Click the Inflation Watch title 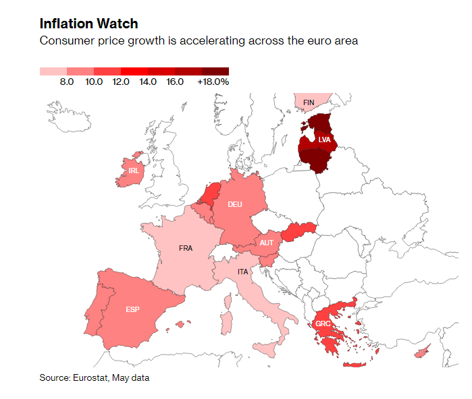click(x=88, y=24)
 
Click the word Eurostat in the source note click(x=93, y=377)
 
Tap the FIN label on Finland click(x=309, y=102)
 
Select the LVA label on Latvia click(x=324, y=140)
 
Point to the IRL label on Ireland click(x=134, y=171)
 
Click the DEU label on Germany click(x=235, y=204)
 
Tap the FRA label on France click(x=186, y=248)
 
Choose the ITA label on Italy click(x=242, y=272)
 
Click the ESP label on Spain click(x=132, y=309)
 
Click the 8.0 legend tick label click(x=67, y=82)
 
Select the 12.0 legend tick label click(x=121, y=82)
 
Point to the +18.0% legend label click(x=213, y=82)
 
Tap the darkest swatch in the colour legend click(x=215, y=71)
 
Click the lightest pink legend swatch click(x=53, y=71)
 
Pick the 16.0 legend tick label click(x=175, y=82)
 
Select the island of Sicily click(x=265, y=350)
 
